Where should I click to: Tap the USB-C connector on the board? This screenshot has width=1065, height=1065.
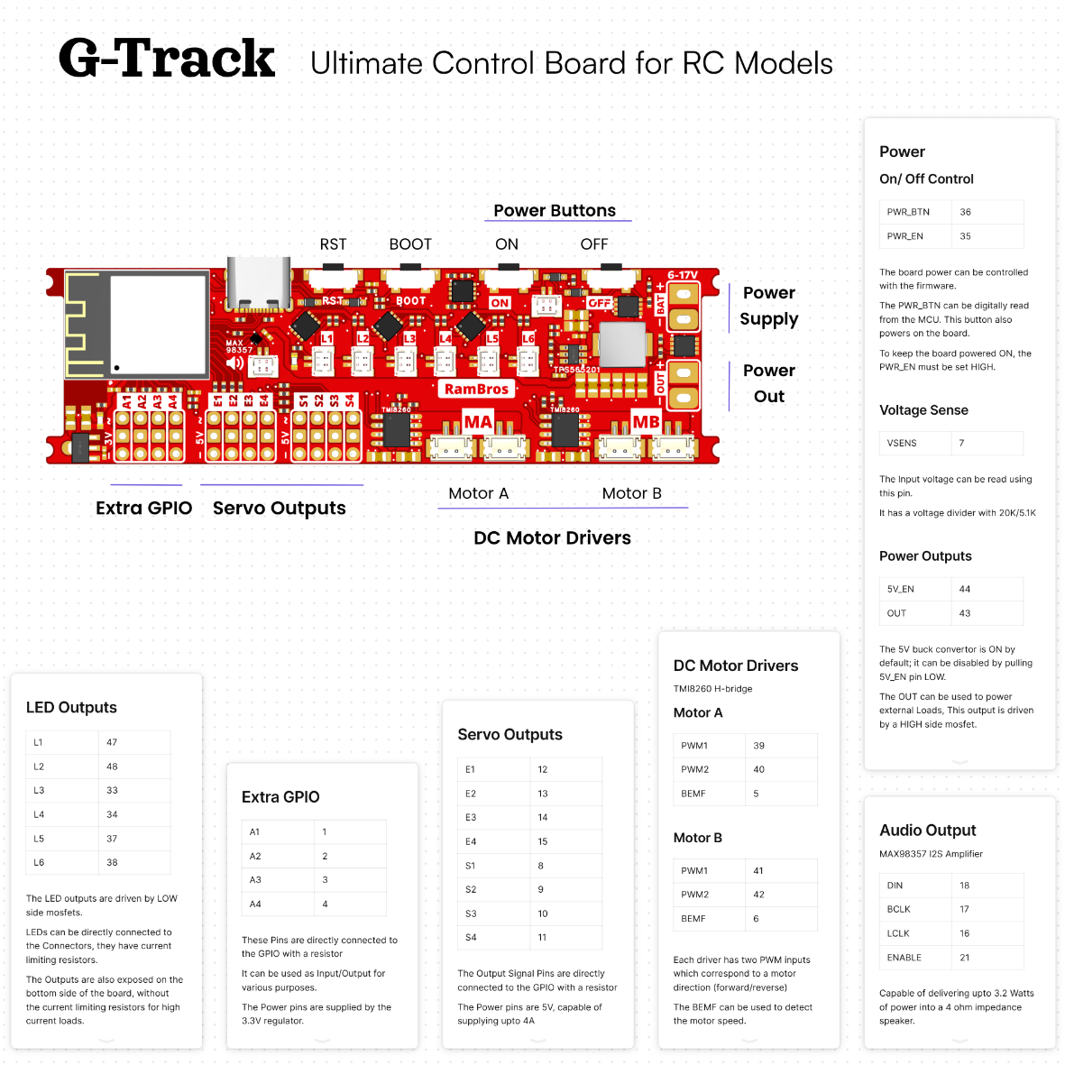click(259, 283)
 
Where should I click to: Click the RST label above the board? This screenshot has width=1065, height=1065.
click(333, 244)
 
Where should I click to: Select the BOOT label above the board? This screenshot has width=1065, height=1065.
click(410, 244)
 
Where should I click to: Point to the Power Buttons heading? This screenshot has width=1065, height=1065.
click(555, 210)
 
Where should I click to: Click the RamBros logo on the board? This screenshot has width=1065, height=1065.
click(476, 390)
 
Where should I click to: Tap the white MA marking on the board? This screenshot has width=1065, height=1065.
click(478, 422)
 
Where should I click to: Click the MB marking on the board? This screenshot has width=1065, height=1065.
click(646, 422)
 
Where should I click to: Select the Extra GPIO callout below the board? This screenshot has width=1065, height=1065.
click(144, 508)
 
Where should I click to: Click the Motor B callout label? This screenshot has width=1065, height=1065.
click(631, 493)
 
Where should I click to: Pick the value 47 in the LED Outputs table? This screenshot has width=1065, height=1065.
click(112, 742)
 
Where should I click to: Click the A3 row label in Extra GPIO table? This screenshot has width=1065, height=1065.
click(255, 879)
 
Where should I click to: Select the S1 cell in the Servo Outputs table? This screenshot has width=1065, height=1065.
click(471, 866)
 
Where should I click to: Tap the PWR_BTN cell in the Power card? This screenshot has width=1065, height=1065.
click(908, 212)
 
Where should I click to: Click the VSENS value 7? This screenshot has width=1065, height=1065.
click(962, 443)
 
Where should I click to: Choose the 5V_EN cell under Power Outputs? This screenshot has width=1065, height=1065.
click(901, 589)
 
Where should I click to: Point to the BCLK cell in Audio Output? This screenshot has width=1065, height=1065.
click(898, 909)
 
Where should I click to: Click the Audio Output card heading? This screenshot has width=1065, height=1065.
click(928, 830)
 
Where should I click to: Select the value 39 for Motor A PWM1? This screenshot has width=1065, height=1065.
click(758, 745)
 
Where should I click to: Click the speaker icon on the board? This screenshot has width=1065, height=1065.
click(235, 363)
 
